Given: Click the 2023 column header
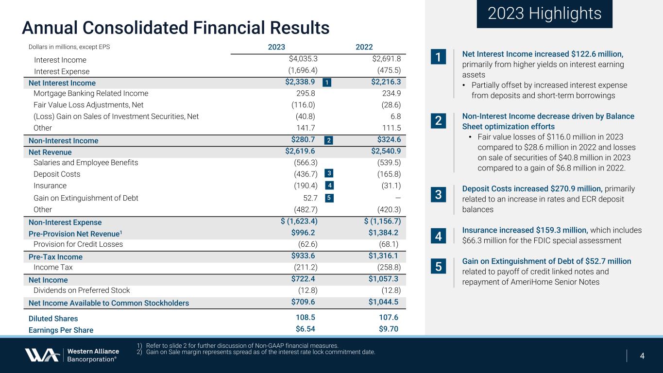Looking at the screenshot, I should (276, 47).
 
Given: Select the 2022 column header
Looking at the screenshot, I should (364, 47).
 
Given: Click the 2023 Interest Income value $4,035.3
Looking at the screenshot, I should (303, 59).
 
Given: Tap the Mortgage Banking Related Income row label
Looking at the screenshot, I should (91, 93).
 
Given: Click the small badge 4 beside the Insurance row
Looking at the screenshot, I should (329, 186).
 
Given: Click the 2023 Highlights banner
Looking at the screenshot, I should (544, 14).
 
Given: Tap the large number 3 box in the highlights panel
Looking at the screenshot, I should (438, 195).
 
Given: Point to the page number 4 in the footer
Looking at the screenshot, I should (642, 356).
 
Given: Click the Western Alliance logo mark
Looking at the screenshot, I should (42, 355).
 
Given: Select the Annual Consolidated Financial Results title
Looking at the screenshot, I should (176, 28).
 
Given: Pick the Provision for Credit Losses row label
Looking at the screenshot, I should (78, 244).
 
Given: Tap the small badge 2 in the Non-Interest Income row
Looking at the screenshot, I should (329, 140).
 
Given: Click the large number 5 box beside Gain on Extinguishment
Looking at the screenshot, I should (438, 267).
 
